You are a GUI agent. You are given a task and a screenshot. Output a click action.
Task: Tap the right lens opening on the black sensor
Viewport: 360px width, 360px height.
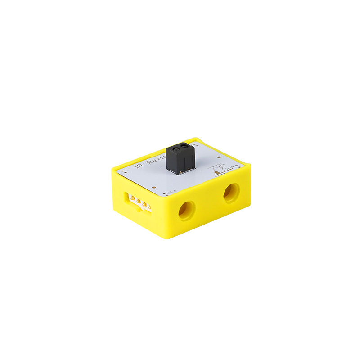pyautogui.click(x=185, y=147)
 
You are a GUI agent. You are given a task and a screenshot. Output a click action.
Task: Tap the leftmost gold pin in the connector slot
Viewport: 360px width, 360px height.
pyautogui.click(x=132, y=198)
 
